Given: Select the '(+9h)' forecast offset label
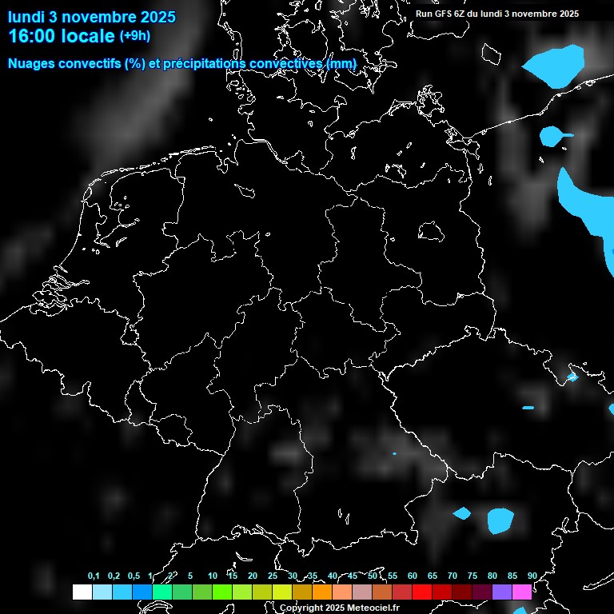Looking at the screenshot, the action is click(134, 36).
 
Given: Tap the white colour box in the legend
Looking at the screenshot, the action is click(82, 592).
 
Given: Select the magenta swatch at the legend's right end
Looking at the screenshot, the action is click(522, 592).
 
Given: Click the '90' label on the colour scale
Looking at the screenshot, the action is click(532, 576).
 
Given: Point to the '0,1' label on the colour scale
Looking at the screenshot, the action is click(94, 576).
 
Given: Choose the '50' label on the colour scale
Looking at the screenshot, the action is click(373, 576).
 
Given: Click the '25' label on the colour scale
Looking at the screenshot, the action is click(273, 576).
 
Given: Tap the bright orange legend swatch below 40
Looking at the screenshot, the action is click(321, 592).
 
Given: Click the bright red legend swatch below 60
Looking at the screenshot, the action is click(421, 592).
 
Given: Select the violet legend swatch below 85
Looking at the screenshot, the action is click(502, 592).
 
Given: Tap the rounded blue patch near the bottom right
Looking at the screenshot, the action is click(500, 520).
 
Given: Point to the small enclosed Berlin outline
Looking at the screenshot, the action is click(430, 231).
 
